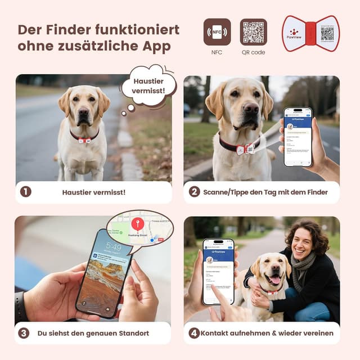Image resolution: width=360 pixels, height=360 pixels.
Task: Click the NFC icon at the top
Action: (217, 32)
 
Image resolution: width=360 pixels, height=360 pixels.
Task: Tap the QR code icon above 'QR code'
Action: (253, 32)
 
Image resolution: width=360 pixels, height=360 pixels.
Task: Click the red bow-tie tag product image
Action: (310, 33)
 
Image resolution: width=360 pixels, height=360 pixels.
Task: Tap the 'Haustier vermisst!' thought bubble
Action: (148, 86)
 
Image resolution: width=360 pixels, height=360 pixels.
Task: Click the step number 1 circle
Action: (25, 192)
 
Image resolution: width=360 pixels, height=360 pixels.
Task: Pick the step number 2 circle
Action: (194, 192)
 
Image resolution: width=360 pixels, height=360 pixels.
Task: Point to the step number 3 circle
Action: (24, 333)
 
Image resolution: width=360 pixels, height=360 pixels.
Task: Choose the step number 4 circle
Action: (194, 333)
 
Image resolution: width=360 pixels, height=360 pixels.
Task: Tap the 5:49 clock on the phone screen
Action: (113, 247)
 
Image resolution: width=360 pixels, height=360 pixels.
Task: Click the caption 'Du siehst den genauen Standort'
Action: (93, 333)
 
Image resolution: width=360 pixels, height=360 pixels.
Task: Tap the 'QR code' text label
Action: (253, 52)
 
